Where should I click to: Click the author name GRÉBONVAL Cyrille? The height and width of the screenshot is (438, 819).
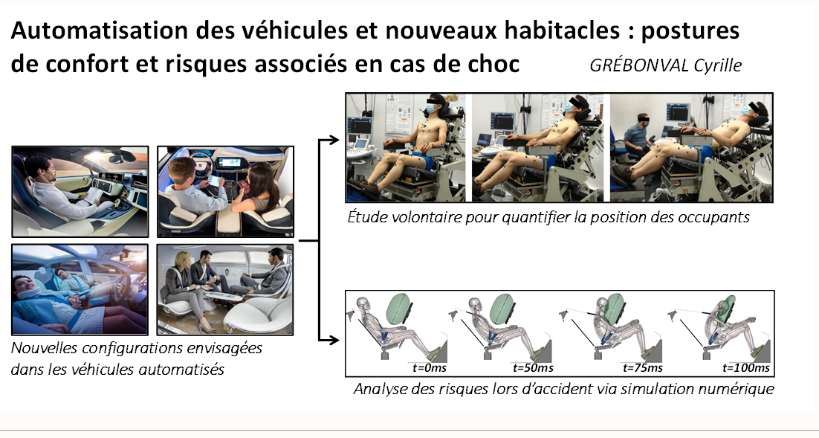pos(665,65)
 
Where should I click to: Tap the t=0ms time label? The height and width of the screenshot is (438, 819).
pos(430,368)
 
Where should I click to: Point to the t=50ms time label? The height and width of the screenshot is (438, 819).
pos(533,368)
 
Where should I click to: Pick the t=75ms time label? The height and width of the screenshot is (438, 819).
pos(642,368)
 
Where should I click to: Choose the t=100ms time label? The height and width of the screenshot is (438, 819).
pos(746,368)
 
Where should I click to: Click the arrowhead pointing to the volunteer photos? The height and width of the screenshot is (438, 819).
pos(334,140)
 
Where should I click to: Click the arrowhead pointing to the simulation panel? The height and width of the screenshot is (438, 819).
pos(334,341)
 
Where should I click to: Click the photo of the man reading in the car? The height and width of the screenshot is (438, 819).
pos(80,192)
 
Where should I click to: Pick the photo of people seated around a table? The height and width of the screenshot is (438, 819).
pos(225,289)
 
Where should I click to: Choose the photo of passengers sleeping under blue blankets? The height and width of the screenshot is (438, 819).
pos(80,289)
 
